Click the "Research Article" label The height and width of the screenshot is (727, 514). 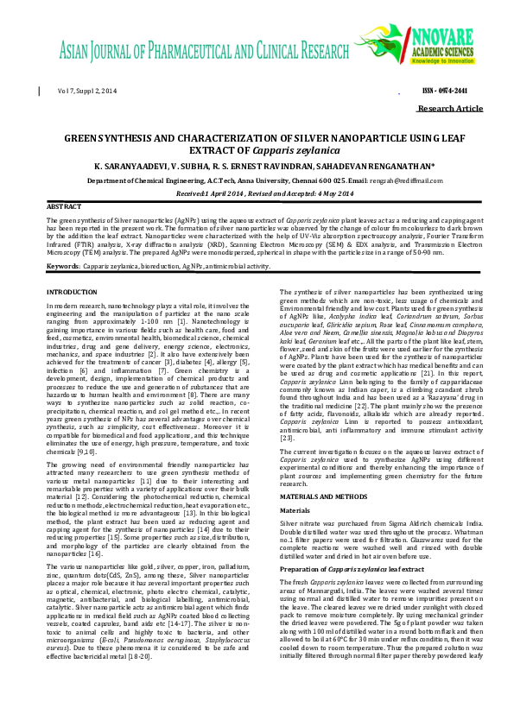(x=449, y=109)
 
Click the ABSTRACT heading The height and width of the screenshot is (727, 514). (x=64, y=208)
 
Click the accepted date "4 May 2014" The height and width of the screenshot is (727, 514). (x=320, y=193)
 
